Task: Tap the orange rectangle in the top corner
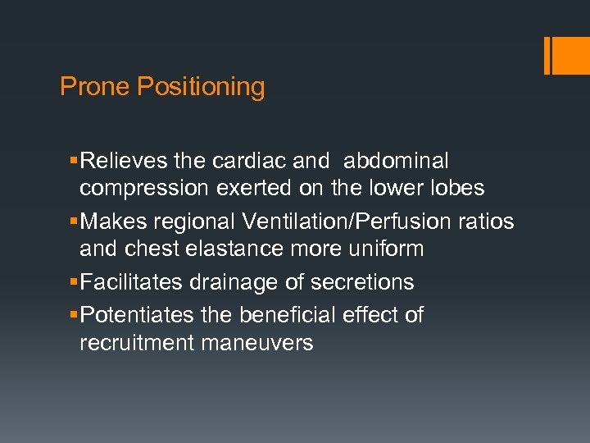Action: pos(566,56)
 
